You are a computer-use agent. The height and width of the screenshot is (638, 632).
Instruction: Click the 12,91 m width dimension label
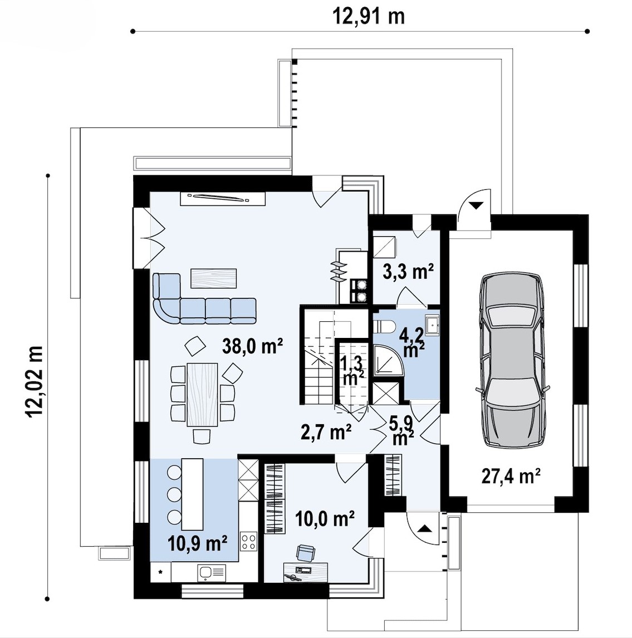pos(369,17)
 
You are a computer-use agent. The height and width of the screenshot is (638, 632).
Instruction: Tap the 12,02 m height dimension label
pos(34,382)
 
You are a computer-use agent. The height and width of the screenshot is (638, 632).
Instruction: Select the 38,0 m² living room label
pos(252,346)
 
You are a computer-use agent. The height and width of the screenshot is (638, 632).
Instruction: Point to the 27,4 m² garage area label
pos(511,475)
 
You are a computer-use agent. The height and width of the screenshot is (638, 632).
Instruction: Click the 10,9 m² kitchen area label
pos(197,543)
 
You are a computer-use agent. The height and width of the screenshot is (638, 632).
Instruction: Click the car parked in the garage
pos(513,359)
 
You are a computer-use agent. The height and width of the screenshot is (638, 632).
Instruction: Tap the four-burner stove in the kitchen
pos(248,541)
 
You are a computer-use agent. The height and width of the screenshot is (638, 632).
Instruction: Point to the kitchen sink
pos(212,573)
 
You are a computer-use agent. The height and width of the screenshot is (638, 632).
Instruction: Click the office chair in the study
pos(305,553)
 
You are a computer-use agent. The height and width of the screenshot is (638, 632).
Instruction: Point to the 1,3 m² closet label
pos(352,371)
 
